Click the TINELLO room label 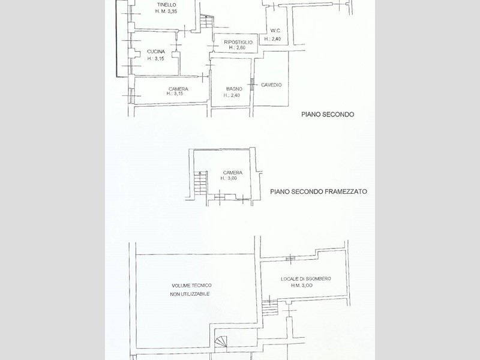pos(167,5)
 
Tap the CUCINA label pos(156,52)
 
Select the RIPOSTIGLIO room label pos(238,42)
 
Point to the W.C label pos(275,31)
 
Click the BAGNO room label pos(234,89)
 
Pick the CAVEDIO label pos(271,85)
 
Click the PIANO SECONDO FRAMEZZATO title pos(319,191)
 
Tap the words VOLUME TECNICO pos(191,286)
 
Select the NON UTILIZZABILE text pos(190,294)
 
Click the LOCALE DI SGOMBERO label pos(306,279)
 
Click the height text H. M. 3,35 pos(166,11)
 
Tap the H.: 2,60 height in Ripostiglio pos(237,48)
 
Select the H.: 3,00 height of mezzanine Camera pos(229,178)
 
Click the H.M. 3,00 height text pos(302,286)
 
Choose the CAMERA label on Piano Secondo pos(178,89)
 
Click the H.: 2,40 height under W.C pos(272,39)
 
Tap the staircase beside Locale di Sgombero pos(269,308)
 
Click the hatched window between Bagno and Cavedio pos(252,85)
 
